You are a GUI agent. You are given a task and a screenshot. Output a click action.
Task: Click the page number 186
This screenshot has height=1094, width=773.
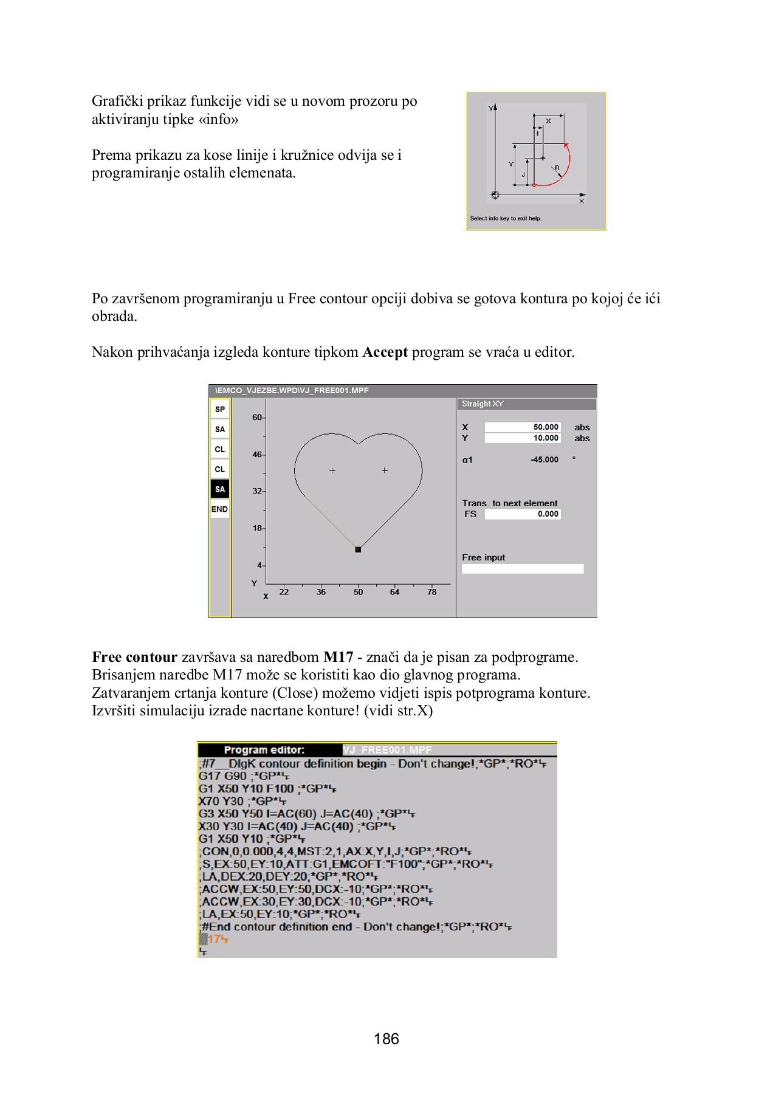pyautogui.click(x=386, y=1039)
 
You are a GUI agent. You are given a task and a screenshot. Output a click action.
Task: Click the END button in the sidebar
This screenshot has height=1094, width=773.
pyautogui.click(x=219, y=509)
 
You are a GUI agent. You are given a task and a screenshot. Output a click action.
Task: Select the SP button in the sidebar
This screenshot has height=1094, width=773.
pyautogui.click(x=219, y=409)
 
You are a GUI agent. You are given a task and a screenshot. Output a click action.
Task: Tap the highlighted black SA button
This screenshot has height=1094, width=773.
pyautogui.click(x=219, y=489)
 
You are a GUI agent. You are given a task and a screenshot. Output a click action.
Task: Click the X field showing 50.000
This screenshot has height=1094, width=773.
pyautogui.click(x=522, y=427)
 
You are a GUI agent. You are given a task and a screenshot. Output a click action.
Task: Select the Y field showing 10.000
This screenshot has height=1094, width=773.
pyautogui.click(x=522, y=438)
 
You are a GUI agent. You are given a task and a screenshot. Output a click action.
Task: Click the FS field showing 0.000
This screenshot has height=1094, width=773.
pyautogui.click(x=522, y=514)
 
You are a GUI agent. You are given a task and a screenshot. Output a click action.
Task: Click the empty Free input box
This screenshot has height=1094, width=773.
pyautogui.click(x=522, y=569)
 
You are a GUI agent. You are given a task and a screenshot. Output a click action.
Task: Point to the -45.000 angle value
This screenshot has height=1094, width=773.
pyautogui.click(x=544, y=460)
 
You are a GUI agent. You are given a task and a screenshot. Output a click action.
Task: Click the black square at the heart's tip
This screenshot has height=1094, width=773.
pyautogui.click(x=358, y=549)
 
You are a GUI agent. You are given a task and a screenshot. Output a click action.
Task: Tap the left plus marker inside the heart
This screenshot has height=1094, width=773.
pyautogui.click(x=332, y=470)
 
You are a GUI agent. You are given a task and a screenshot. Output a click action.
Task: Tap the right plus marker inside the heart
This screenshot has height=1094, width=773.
pyautogui.click(x=385, y=470)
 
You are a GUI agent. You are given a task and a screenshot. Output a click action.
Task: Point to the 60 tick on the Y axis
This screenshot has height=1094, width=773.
pyautogui.click(x=258, y=418)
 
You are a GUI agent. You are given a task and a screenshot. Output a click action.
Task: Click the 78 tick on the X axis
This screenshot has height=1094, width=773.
pyautogui.click(x=431, y=592)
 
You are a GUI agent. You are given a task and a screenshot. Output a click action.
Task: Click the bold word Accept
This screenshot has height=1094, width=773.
pyautogui.click(x=385, y=353)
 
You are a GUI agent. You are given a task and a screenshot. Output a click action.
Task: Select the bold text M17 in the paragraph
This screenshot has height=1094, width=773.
pyautogui.click(x=338, y=658)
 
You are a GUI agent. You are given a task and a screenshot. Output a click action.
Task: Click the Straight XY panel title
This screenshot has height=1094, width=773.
pyautogui.click(x=483, y=404)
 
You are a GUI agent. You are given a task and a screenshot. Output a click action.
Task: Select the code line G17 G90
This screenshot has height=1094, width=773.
pyautogui.click(x=222, y=776)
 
